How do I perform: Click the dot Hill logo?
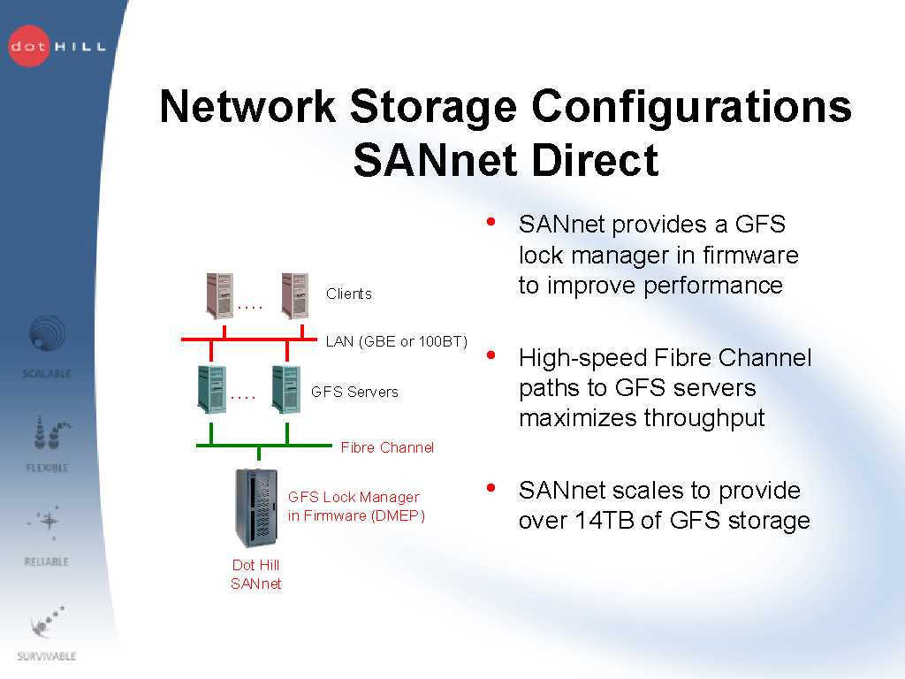(x=56, y=45)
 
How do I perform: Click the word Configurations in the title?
(x=692, y=107)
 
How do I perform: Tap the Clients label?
(x=349, y=294)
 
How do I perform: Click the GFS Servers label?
(x=354, y=392)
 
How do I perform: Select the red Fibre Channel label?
(x=387, y=447)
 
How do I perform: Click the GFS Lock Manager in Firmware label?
(x=355, y=507)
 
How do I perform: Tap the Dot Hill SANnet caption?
(x=255, y=574)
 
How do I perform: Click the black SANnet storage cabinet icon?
(x=256, y=507)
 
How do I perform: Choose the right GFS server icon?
(x=285, y=389)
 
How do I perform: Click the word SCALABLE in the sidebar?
(x=47, y=374)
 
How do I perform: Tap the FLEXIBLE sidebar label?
(x=47, y=468)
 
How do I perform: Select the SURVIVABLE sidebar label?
(x=47, y=657)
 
